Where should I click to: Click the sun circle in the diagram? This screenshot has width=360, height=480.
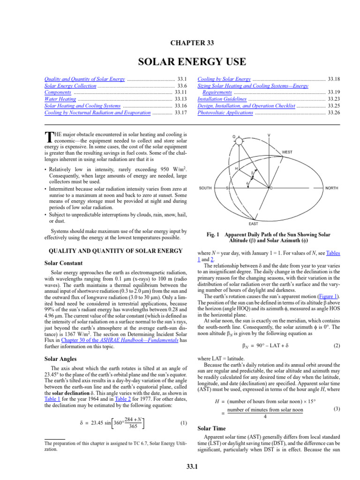(x=239, y=141)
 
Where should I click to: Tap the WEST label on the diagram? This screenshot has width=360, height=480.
(x=287, y=152)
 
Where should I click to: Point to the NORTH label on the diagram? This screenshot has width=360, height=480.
(x=333, y=188)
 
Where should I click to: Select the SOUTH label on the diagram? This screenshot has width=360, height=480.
(x=205, y=188)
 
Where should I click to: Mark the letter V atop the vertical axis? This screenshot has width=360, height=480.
(x=269, y=135)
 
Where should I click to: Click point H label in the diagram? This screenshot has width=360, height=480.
(x=236, y=168)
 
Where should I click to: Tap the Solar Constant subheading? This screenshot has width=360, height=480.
(x=63, y=263)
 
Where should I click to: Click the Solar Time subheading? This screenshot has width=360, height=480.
(x=212, y=428)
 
